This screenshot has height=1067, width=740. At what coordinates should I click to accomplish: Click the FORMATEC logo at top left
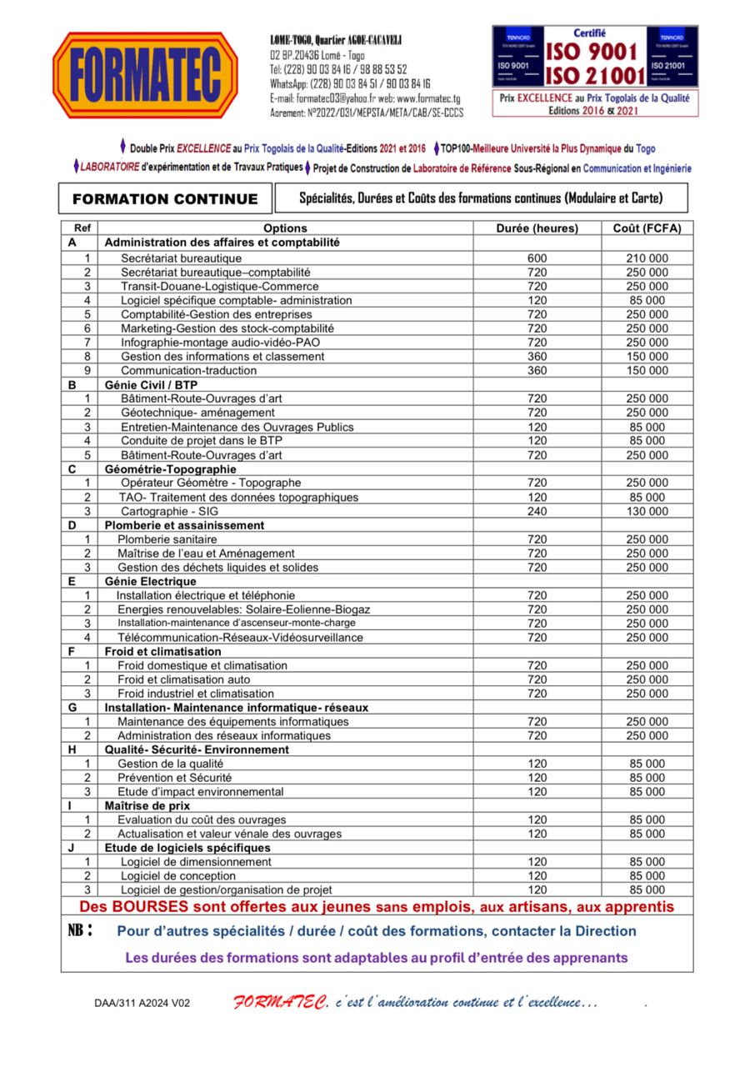tap(146, 75)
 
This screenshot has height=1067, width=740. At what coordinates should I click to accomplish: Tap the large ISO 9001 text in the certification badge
tap(595, 52)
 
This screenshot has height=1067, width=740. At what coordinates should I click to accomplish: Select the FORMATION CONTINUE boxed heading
tap(165, 199)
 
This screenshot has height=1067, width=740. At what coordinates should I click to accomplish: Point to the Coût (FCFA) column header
tap(647, 228)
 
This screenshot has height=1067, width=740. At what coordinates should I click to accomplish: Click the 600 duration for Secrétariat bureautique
tap(537, 258)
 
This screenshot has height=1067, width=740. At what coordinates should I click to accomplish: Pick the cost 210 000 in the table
tap(647, 258)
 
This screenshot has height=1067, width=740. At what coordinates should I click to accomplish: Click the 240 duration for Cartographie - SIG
tap(537, 511)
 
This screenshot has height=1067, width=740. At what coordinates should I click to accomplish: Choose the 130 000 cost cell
tap(647, 511)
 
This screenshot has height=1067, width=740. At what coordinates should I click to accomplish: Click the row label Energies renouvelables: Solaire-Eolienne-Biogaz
tap(243, 609)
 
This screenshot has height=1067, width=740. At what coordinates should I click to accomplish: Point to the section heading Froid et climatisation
tap(162, 651)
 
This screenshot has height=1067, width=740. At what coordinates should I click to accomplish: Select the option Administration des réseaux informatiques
tap(223, 736)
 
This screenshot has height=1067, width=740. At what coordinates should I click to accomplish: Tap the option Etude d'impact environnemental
tap(200, 792)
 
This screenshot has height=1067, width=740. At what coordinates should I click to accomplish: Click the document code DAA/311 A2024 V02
tap(142, 1003)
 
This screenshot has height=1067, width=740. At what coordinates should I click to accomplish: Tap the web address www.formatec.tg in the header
tap(414, 98)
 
